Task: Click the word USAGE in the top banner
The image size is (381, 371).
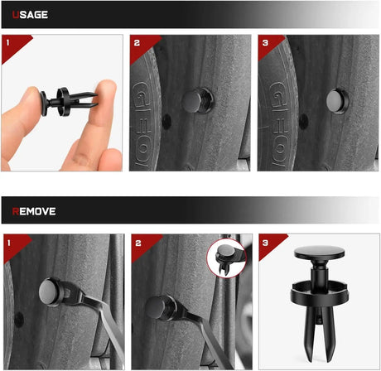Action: (30, 15)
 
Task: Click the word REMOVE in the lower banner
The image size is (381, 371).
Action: (34, 211)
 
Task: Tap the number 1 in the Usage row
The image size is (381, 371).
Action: (7, 43)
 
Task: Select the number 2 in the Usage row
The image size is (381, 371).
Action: (137, 43)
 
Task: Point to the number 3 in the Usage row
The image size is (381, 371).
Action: (265, 43)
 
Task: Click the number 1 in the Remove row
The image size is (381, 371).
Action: (9, 243)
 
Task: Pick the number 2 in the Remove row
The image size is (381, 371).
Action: (138, 243)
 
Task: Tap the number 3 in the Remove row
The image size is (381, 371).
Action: (265, 243)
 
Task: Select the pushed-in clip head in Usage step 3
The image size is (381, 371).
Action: (335, 100)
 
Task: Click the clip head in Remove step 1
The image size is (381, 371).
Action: (49, 291)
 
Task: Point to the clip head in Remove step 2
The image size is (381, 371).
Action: (157, 307)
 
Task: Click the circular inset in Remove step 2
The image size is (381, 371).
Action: (227, 258)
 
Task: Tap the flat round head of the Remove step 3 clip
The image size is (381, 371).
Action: (320, 253)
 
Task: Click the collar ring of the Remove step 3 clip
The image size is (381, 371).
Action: (320, 293)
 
